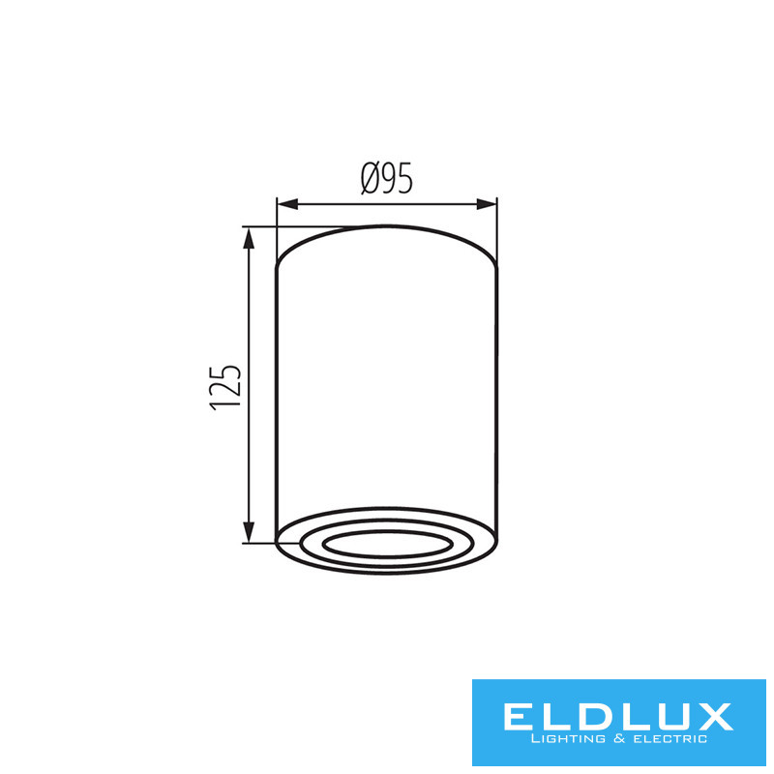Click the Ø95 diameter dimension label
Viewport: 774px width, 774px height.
coord(386,178)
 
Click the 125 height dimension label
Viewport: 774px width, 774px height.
coord(225,388)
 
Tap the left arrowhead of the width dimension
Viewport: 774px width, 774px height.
coord(287,204)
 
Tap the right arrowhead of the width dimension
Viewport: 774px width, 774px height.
coord(487,204)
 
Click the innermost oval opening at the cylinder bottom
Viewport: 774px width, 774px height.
coord(388,545)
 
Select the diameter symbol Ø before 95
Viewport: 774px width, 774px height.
coord(372,178)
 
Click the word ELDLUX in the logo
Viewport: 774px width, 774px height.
coord(618,717)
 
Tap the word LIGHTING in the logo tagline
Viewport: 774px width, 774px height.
coord(568,739)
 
